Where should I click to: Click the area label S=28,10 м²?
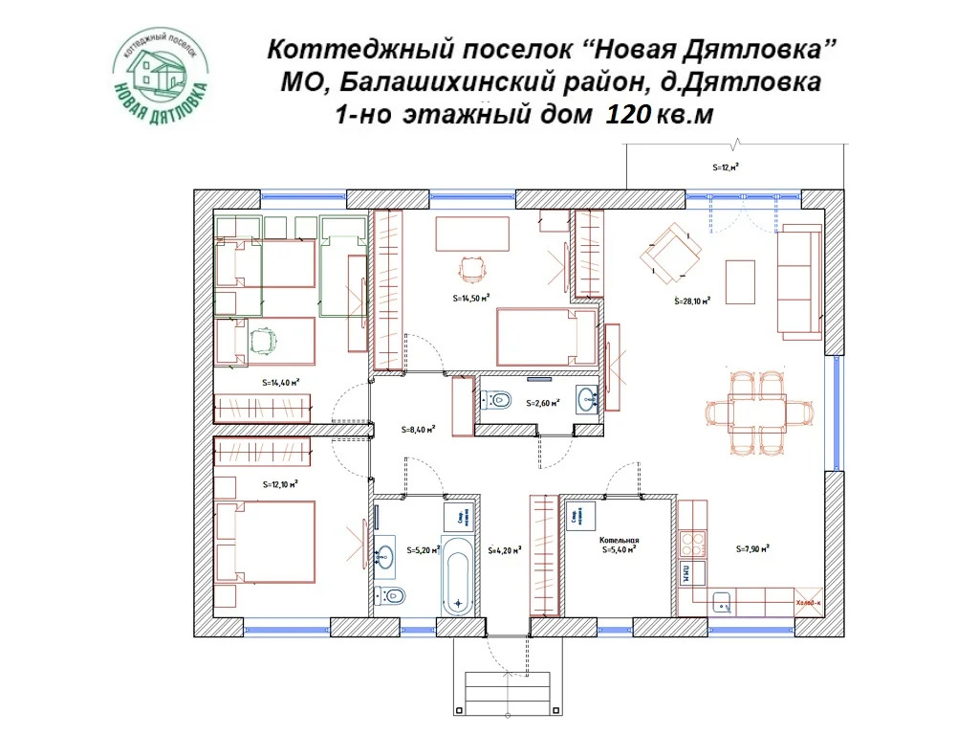[x=692, y=301]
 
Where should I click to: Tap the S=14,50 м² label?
[x=470, y=298]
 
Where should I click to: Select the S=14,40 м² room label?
[x=281, y=382]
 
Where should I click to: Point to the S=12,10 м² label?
[x=280, y=484]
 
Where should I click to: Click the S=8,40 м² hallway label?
[x=419, y=430]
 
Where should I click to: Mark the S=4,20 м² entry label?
[x=503, y=550]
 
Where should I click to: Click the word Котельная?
[x=619, y=540]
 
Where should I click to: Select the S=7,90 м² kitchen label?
[x=753, y=549]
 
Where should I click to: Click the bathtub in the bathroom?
[x=458, y=576]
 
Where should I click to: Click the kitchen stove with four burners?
[x=690, y=542]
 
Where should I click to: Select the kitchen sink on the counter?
[x=722, y=603]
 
